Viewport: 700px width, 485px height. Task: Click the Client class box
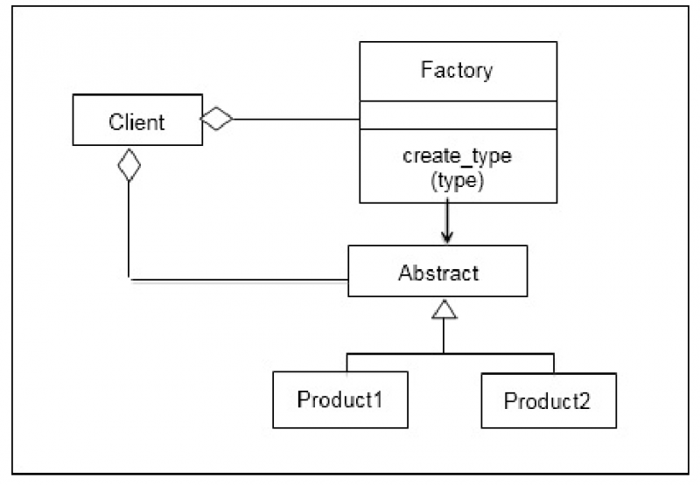[136, 121]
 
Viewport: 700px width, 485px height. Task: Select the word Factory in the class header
[457, 70]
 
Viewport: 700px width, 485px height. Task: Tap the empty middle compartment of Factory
[457, 115]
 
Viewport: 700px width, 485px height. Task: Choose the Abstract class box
[437, 272]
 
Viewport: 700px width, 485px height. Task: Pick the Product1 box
[340, 399]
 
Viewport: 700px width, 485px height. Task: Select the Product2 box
[548, 400]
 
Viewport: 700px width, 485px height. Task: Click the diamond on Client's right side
[217, 119]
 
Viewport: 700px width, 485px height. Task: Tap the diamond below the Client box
[129, 164]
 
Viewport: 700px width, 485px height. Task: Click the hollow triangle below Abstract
[444, 308]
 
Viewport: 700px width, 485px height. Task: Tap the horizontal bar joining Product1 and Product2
[451, 353]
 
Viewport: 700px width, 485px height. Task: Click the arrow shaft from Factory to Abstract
[447, 217]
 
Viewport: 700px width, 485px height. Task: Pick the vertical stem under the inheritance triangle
[444, 336]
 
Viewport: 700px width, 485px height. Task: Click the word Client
[136, 121]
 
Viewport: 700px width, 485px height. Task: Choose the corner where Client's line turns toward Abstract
[129, 281]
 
